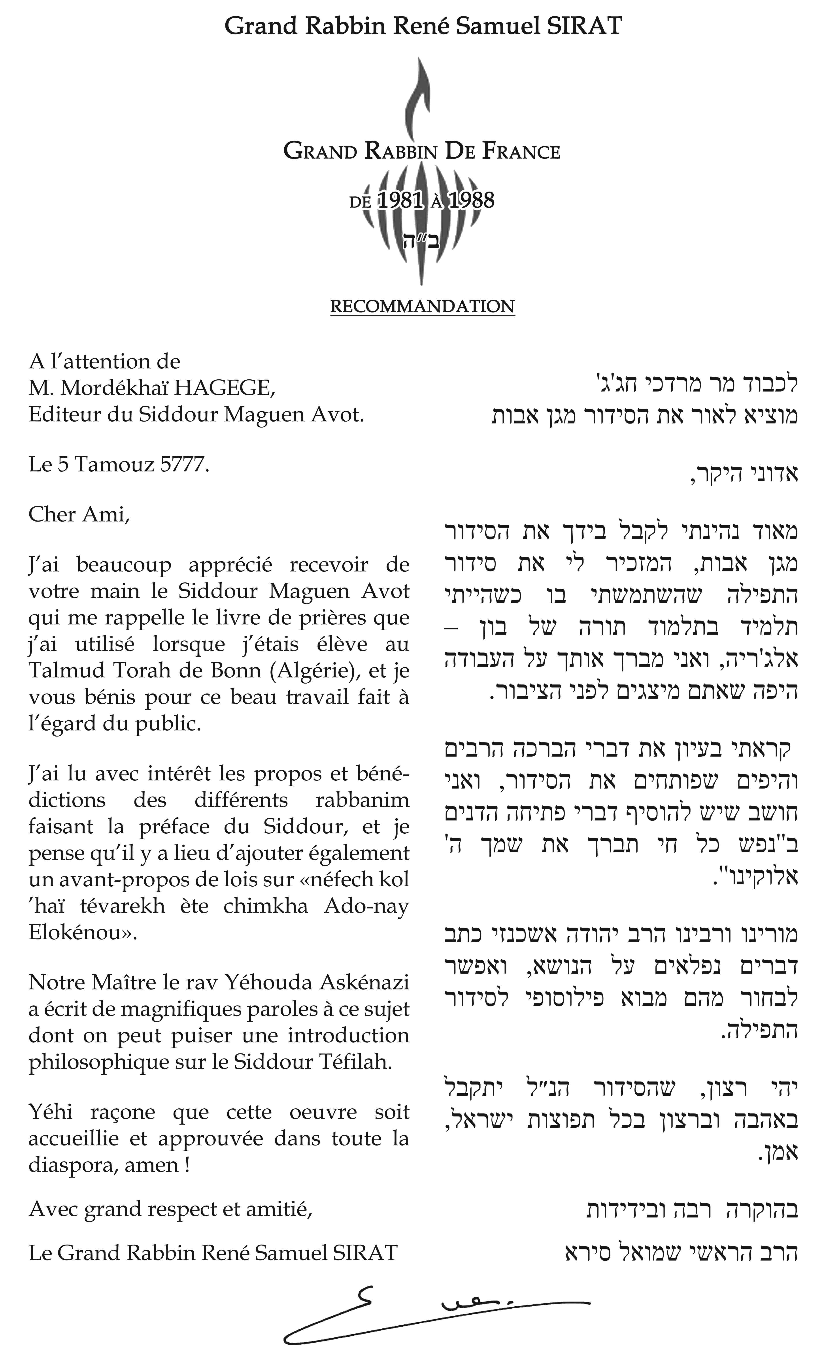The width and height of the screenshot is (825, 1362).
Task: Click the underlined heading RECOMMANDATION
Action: pos(423,306)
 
